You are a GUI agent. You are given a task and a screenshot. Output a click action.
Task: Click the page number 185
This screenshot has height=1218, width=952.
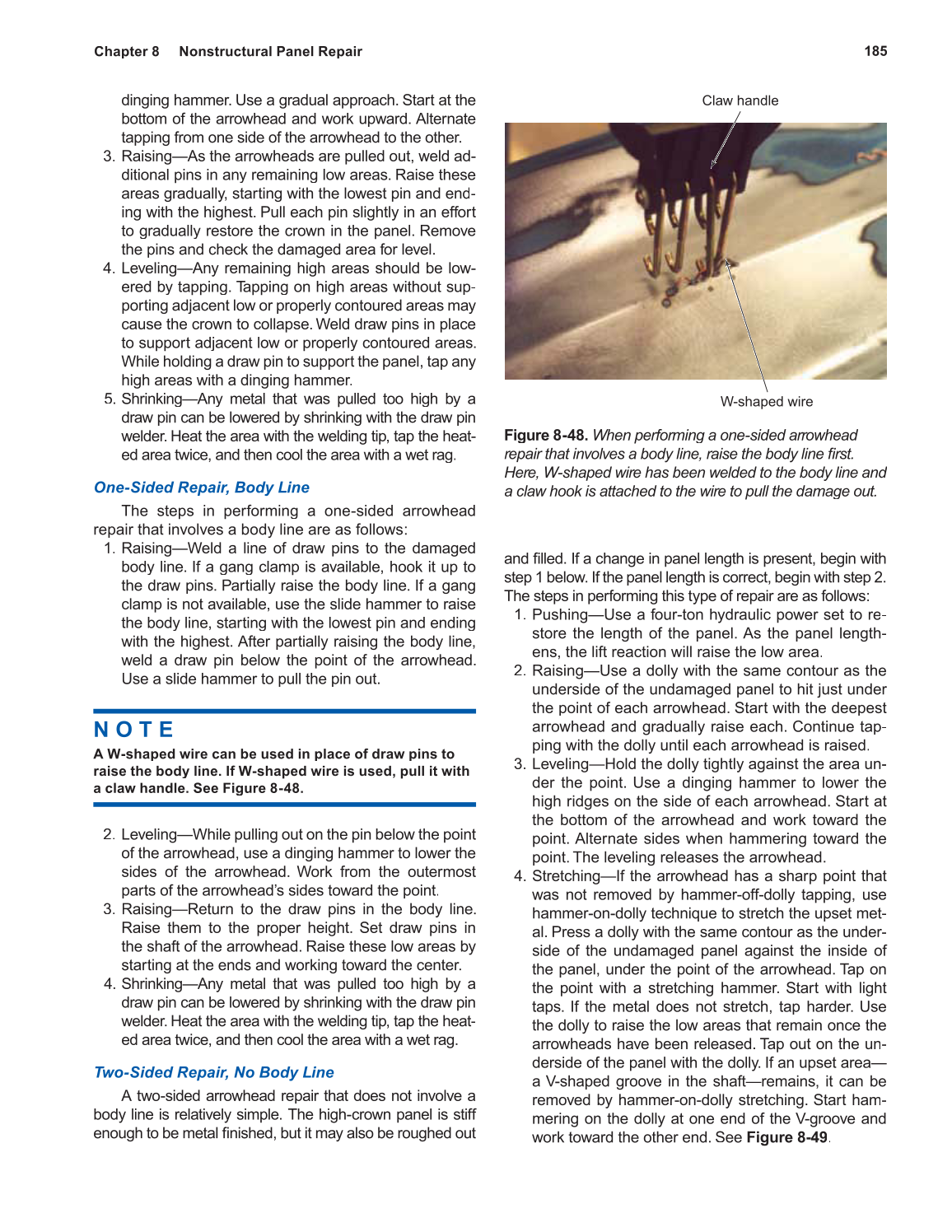pyautogui.click(x=875, y=51)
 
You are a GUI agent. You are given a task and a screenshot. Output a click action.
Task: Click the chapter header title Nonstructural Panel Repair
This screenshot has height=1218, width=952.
pyautogui.click(x=270, y=51)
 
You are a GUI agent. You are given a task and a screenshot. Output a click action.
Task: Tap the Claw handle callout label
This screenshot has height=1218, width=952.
pyautogui.click(x=740, y=100)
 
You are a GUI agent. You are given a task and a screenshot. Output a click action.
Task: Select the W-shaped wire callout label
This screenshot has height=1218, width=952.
pyautogui.click(x=766, y=402)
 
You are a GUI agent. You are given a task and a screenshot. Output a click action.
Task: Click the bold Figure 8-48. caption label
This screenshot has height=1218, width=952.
pyautogui.click(x=545, y=435)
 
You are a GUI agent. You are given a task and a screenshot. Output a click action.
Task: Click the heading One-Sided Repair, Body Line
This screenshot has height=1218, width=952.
pyautogui.click(x=202, y=488)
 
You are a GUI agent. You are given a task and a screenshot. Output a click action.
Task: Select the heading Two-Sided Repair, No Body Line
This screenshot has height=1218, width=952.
pyautogui.click(x=214, y=1072)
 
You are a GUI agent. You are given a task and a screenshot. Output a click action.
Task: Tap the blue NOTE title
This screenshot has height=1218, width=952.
pyautogui.click(x=134, y=730)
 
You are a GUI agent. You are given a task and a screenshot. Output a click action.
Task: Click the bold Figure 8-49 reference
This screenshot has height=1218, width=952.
pyautogui.click(x=786, y=1137)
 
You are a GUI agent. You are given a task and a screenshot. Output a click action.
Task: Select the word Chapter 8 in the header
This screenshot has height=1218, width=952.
pyautogui.click(x=126, y=51)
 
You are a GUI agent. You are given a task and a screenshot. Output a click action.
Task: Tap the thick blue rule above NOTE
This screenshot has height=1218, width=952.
pyautogui.click(x=284, y=711)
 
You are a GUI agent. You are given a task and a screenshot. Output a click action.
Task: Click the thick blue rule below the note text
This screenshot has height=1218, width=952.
pyautogui.click(x=284, y=805)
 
